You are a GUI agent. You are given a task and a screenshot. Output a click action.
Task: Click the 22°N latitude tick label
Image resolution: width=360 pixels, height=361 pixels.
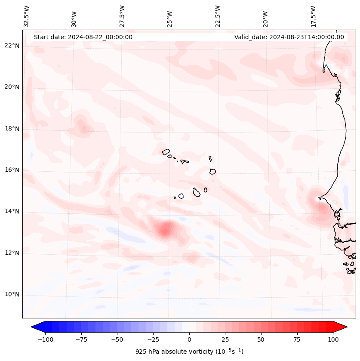tap(12, 46)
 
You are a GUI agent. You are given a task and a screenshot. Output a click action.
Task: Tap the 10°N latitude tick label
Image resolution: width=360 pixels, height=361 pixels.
tap(12, 295)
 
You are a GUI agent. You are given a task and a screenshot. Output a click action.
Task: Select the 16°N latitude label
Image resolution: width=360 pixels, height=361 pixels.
tap(12, 170)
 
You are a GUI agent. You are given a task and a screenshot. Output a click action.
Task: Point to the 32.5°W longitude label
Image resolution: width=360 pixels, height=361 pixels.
tap(26, 16)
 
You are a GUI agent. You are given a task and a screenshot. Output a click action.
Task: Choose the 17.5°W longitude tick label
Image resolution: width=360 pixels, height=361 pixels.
tap(313, 16)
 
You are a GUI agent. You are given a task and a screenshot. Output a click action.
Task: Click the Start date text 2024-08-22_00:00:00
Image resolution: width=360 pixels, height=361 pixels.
tap(83, 37)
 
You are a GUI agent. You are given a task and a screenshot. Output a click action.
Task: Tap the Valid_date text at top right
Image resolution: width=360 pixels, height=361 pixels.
tap(289, 37)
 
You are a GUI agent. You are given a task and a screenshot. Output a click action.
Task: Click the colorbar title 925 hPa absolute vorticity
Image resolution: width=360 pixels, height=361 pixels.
tap(189, 352)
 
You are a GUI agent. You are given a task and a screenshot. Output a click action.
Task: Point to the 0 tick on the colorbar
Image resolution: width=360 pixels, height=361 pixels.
tap(189, 339)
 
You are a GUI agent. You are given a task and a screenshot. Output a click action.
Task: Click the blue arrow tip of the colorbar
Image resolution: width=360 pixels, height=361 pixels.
tap(34, 327)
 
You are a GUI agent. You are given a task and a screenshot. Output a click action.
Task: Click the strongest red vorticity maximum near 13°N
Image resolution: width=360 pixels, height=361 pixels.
tap(166, 229)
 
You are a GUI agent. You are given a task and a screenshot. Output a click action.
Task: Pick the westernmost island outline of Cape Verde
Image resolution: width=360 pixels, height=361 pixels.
tap(166, 151)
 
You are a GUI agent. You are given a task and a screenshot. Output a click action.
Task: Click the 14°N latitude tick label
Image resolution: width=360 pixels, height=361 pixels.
tap(12, 211)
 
